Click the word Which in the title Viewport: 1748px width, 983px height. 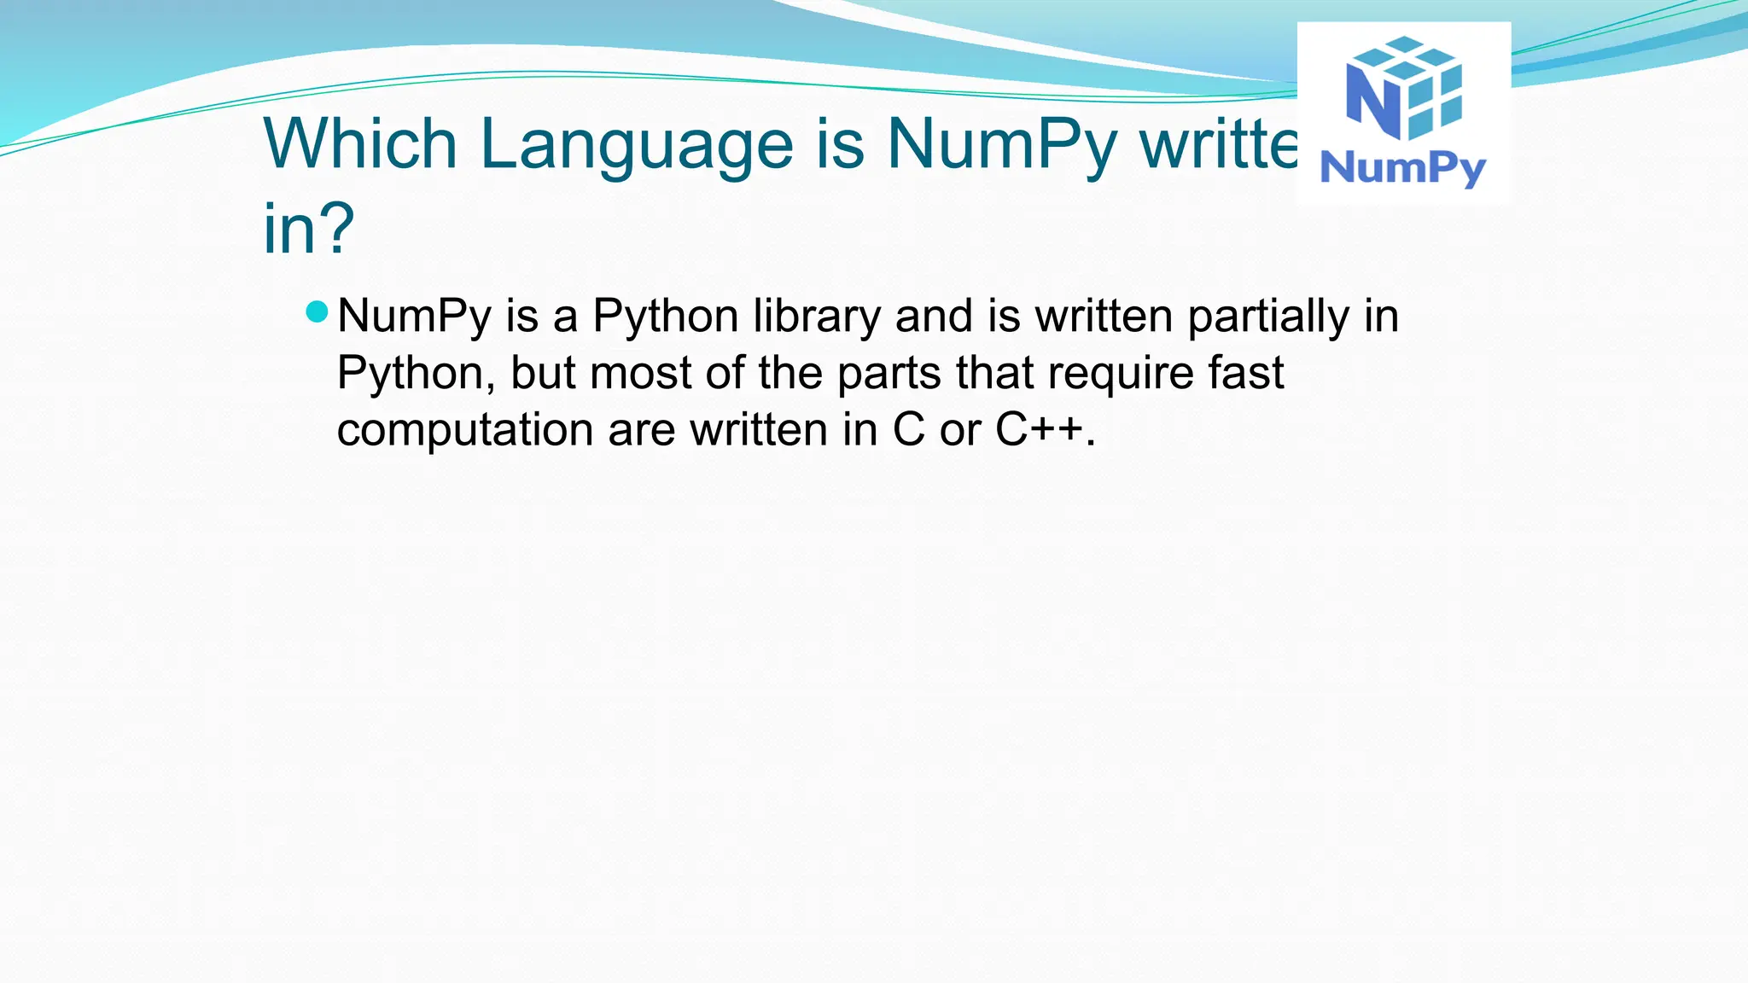360,143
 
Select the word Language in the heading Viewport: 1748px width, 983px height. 637,145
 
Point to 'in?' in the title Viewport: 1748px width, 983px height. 308,229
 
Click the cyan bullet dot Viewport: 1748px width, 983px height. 317,311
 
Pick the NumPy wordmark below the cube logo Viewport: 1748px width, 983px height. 1403,168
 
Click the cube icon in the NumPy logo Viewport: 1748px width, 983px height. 1405,87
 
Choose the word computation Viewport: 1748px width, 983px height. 464,429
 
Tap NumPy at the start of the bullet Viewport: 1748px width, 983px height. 414,317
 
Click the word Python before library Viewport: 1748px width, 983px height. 665,317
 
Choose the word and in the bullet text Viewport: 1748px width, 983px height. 934,316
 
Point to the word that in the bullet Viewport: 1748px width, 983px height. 994,373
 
